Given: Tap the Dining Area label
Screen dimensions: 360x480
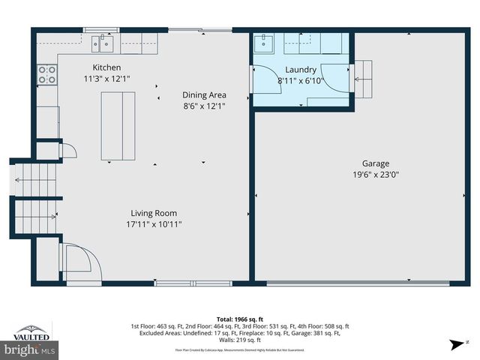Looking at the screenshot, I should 204,95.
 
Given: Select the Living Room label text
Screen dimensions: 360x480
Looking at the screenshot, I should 154,212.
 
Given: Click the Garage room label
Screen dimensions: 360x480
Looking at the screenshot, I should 376,163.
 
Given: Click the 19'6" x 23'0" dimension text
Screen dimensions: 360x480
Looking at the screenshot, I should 376,175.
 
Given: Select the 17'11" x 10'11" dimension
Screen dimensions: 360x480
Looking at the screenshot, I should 154,223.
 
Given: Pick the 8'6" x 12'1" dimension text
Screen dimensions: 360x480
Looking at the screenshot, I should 204,106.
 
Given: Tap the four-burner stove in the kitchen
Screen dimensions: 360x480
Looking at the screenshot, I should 46,73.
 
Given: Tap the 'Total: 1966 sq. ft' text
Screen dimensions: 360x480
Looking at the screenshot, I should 239,319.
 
